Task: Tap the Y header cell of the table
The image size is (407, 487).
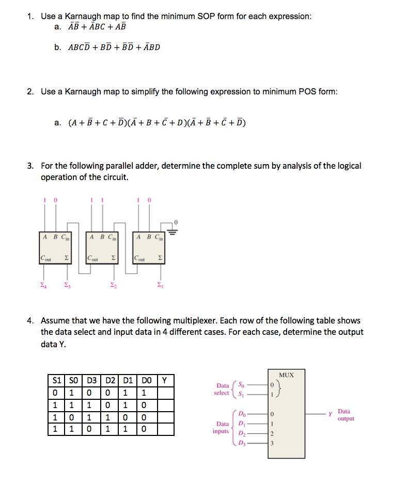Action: point(164,381)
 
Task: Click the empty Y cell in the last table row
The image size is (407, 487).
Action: point(164,428)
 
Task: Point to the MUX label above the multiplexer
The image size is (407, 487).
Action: point(287,375)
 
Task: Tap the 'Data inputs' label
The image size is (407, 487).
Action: point(222,427)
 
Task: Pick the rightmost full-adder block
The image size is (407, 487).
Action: point(149,248)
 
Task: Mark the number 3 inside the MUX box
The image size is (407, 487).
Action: point(272,443)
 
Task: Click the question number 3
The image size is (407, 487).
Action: point(30,166)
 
